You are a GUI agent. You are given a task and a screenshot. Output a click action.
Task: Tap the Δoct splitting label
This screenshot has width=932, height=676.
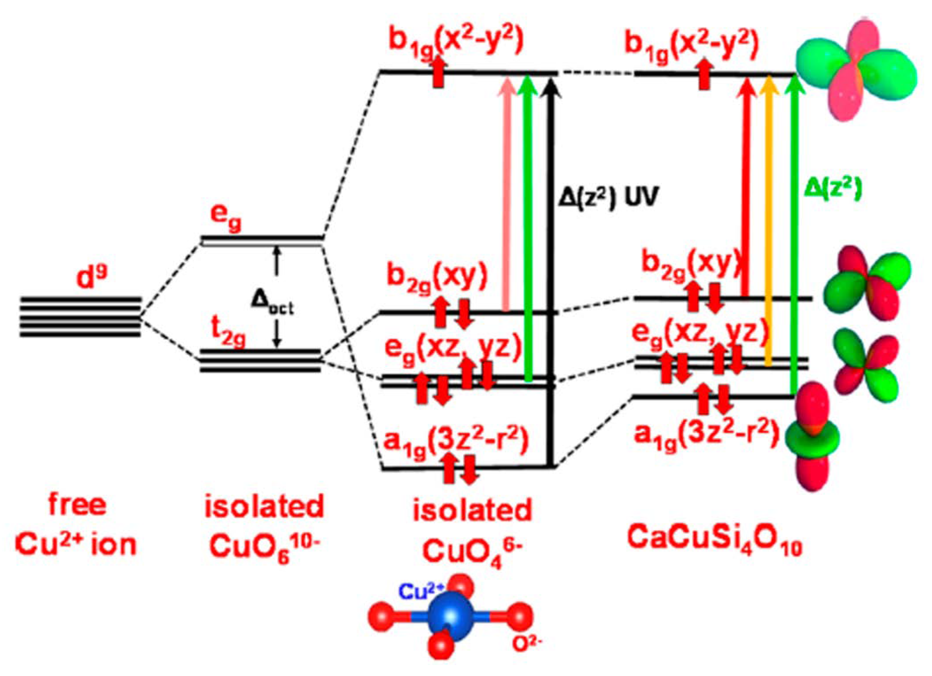tap(272, 306)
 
